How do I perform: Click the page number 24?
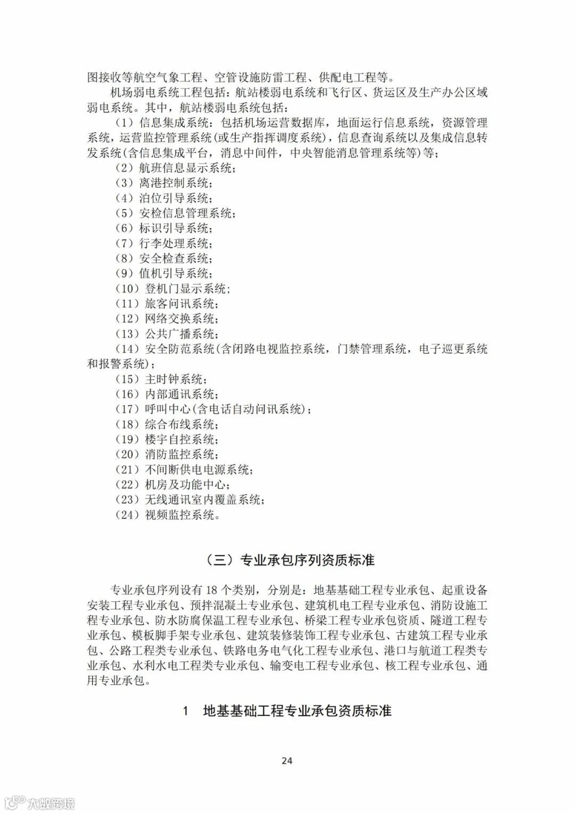pos(287,761)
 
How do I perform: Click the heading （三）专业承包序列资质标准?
pos(287,560)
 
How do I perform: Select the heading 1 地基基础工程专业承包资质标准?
pos(287,711)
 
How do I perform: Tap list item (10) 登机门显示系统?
pos(172,289)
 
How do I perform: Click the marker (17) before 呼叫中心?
pos(127,409)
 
